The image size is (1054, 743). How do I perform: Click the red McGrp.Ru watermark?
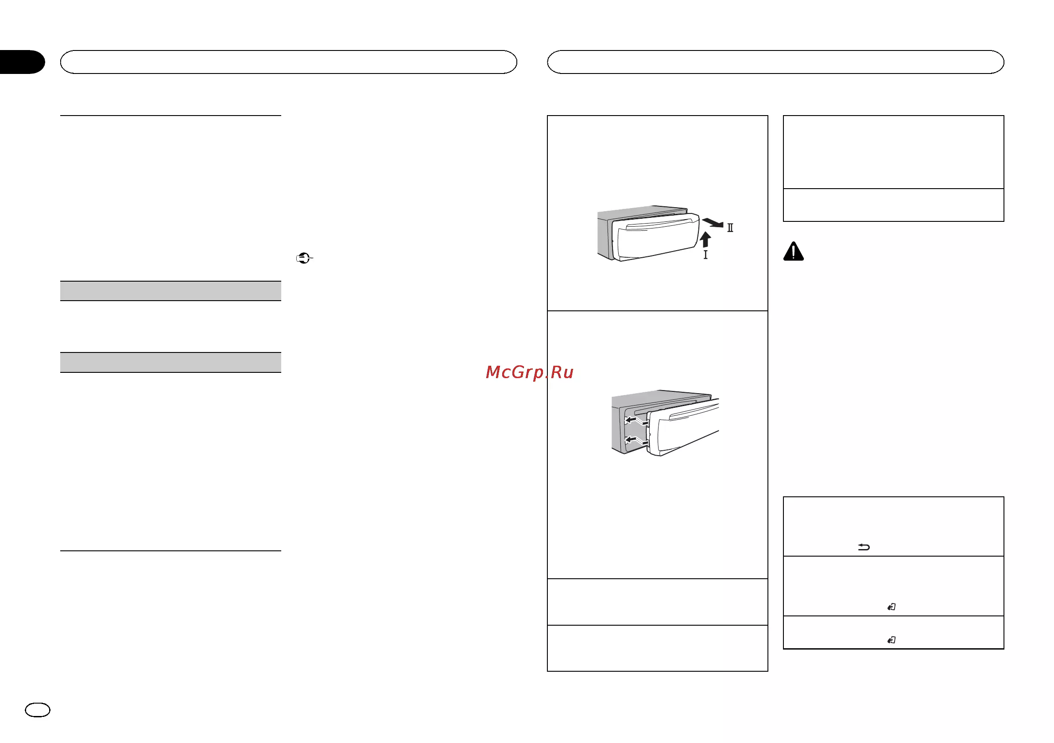coord(529,372)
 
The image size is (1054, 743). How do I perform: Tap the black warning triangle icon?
coord(793,252)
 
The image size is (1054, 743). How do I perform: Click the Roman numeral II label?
coord(730,228)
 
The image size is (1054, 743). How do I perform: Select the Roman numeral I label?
coord(705,254)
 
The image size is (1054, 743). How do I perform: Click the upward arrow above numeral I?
coord(705,239)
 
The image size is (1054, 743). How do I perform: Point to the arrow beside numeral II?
coord(713,223)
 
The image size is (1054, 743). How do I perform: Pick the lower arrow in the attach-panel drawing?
coord(637,441)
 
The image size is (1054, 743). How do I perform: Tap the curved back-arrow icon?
coord(864,546)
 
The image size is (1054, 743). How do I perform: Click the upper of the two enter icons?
coord(891,607)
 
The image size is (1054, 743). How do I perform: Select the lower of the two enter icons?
coord(891,640)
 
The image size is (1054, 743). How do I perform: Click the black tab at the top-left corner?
coord(22,62)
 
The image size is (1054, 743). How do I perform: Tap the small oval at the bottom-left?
coord(38,710)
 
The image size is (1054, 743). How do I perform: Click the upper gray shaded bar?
coord(170,291)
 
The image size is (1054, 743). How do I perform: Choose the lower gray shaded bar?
coord(170,363)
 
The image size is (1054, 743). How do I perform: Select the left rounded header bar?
coord(289,62)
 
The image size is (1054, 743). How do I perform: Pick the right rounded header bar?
coord(775,62)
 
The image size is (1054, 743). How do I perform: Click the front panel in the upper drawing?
coord(657,239)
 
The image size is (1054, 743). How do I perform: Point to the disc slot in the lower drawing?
coord(666,406)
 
